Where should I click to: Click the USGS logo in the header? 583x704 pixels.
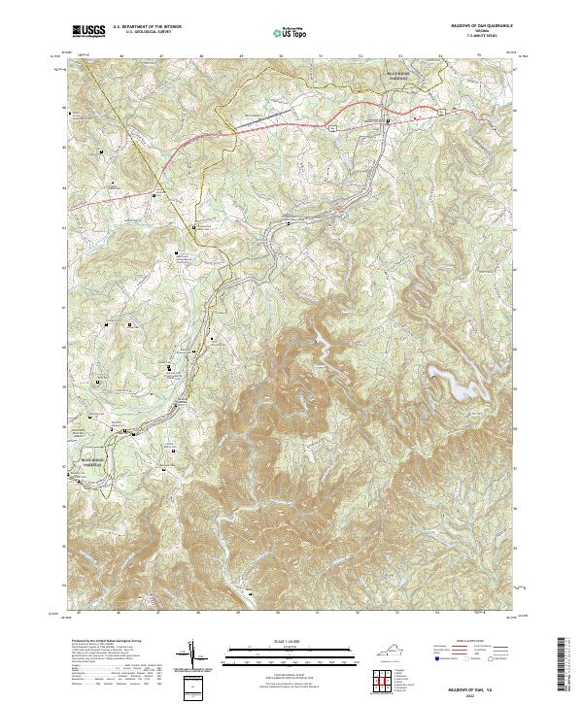tap(87, 32)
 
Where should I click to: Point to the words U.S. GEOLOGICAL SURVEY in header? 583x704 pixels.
tap(144, 33)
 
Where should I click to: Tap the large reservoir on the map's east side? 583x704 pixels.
tap(452, 382)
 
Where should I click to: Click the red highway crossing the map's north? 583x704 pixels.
tap(291, 123)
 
